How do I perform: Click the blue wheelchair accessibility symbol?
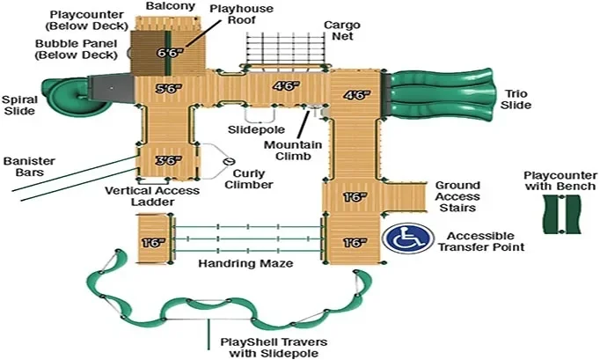[x=408, y=239]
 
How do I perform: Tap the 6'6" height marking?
[x=170, y=53]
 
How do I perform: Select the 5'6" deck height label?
[x=168, y=89]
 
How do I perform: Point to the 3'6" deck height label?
[x=168, y=160]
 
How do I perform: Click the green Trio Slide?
[x=440, y=95]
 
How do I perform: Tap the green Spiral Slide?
[x=69, y=95]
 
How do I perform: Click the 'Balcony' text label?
[x=171, y=6]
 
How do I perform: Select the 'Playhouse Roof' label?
[x=241, y=14]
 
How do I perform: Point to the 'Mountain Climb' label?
[x=293, y=151]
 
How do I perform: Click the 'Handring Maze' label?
[x=245, y=263]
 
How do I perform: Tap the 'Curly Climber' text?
[x=249, y=180]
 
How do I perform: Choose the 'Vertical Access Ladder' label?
[x=152, y=196]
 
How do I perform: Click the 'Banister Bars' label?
[x=29, y=166]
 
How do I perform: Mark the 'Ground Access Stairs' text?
[x=457, y=196]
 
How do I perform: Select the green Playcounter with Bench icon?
[x=562, y=214]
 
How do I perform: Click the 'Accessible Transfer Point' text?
[x=481, y=241]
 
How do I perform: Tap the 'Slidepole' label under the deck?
[x=256, y=130]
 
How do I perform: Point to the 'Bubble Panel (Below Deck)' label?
[x=77, y=49]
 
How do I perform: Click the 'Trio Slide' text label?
[x=516, y=99]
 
